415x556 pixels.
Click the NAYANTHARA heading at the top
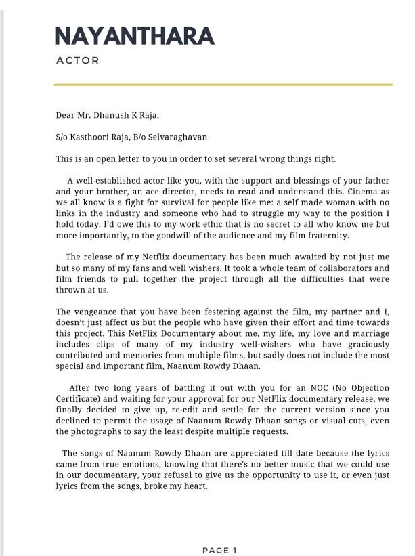134,36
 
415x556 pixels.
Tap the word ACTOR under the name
78,60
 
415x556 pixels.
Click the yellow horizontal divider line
223,85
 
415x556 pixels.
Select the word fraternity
326,236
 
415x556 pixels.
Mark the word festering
225,312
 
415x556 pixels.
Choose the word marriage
370,334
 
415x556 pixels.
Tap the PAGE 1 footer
219,551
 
